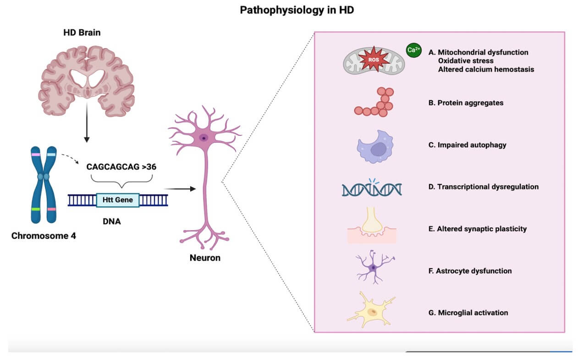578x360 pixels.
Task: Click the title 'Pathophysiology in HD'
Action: (x=297, y=11)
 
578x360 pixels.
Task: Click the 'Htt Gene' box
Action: (x=118, y=199)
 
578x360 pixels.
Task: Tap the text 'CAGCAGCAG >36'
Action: (x=121, y=166)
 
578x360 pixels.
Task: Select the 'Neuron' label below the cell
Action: (x=205, y=258)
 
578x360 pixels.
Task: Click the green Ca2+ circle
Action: (x=413, y=50)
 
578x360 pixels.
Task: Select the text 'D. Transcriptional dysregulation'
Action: (x=483, y=187)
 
